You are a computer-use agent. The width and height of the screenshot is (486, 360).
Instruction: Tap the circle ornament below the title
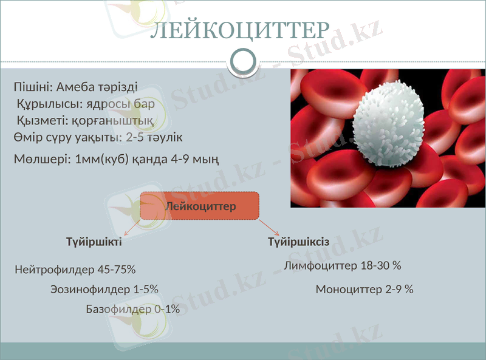[x=244, y=61]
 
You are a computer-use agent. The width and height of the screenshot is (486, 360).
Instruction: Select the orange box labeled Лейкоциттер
[x=200, y=206]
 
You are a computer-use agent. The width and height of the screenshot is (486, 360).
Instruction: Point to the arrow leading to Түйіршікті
[x=132, y=228]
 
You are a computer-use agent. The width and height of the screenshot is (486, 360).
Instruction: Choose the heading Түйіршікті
[x=94, y=242]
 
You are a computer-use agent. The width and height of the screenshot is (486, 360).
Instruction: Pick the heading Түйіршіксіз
[x=299, y=242]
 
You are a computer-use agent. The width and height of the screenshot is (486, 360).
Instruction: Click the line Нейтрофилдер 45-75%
[x=75, y=269]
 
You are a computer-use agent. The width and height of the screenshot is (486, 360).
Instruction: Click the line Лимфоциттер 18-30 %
[x=342, y=266]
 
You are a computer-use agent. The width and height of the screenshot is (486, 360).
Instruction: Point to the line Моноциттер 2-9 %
[x=364, y=290]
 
